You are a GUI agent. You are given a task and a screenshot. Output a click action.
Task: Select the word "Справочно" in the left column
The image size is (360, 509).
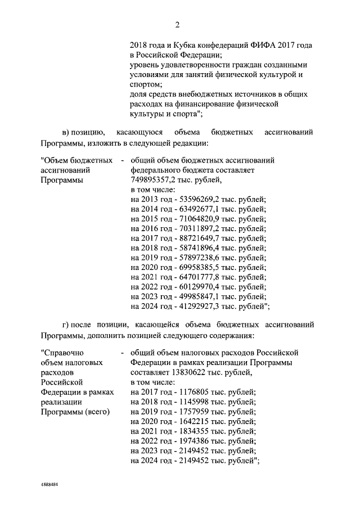[x=61, y=352]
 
